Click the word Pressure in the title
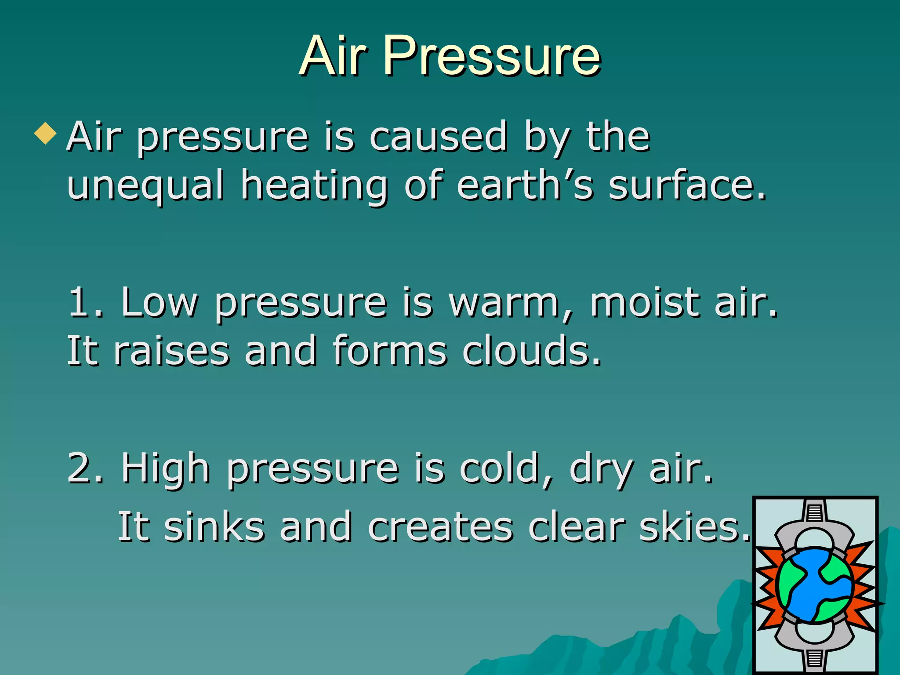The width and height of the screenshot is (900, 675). (491, 56)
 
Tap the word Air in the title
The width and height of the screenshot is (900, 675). (333, 56)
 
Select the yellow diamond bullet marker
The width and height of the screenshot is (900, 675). (45, 134)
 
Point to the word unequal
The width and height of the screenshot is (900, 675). (145, 185)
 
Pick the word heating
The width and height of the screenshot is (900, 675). (314, 185)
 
